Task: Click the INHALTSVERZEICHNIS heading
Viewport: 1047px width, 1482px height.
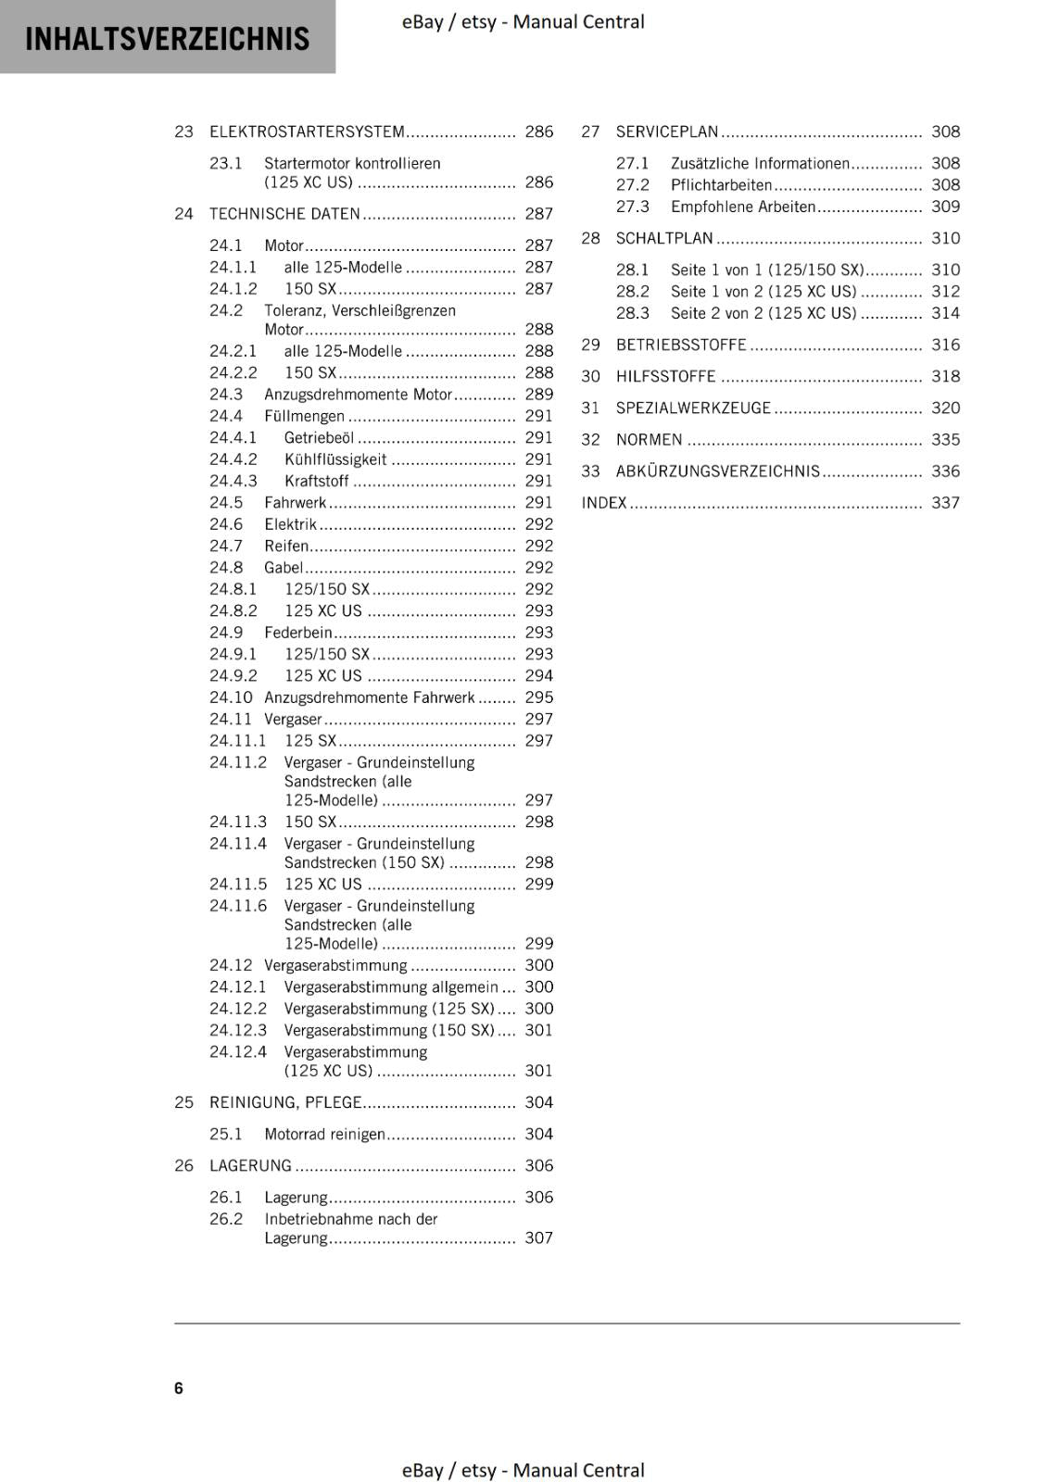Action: (167, 39)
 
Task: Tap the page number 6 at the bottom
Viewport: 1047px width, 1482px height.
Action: (179, 1388)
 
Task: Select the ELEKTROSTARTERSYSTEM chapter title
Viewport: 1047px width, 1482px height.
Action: (307, 132)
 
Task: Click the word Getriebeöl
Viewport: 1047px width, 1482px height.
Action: (319, 437)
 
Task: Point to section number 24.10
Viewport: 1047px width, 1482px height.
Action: (230, 697)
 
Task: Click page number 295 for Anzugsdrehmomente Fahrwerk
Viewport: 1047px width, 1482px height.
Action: (538, 697)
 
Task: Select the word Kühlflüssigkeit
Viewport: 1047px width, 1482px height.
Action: (335, 459)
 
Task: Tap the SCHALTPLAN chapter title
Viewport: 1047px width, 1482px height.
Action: (664, 238)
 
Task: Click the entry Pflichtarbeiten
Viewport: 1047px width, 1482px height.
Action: (721, 185)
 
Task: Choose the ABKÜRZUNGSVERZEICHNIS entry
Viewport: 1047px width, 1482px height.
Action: (718, 471)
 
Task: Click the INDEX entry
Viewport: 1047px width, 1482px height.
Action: (604, 503)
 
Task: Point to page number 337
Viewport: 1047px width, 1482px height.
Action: (945, 503)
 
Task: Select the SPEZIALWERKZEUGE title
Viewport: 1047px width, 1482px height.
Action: (693, 408)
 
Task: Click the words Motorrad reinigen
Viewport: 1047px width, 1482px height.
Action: (324, 1134)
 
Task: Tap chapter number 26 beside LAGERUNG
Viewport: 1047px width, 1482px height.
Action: (183, 1165)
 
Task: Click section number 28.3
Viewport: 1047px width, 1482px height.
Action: (633, 313)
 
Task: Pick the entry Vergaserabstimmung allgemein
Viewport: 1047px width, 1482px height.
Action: (391, 986)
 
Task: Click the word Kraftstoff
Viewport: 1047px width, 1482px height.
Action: (316, 481)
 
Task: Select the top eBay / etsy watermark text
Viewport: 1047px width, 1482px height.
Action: (523, 21)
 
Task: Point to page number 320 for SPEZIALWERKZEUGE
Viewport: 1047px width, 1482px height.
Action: (945, 408)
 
